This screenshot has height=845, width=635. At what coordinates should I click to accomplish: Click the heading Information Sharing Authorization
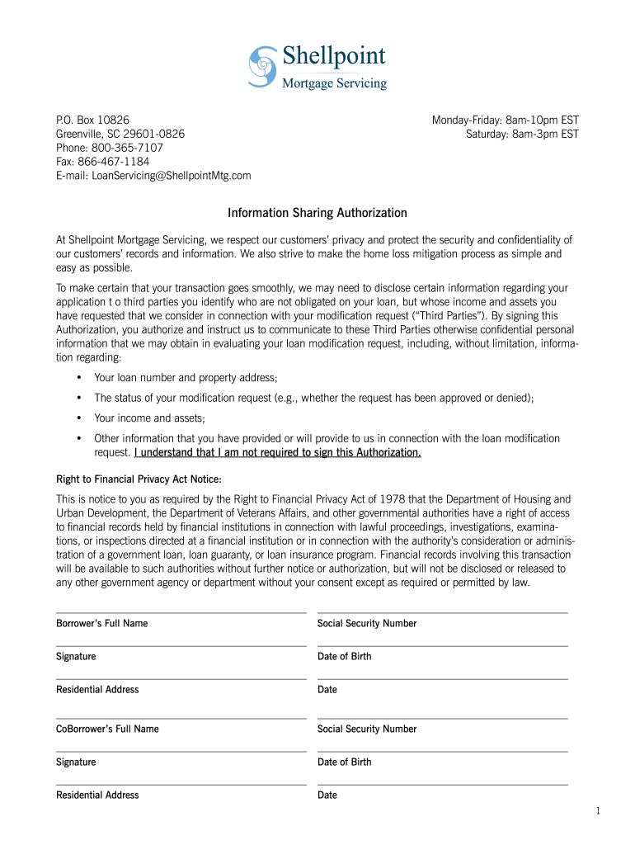pos(317,213)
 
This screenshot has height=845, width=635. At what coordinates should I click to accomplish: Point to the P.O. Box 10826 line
pos(92,120)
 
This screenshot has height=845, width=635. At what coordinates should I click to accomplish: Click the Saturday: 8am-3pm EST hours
pos(522,134)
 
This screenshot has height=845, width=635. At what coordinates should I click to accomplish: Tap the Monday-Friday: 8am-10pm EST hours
pos(506,120)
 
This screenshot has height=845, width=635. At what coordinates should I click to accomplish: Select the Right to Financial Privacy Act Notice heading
pos(139,479)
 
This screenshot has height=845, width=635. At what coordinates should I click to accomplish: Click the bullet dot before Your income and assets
pos(78,418)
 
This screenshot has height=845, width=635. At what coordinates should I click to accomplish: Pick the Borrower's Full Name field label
pos(102,624)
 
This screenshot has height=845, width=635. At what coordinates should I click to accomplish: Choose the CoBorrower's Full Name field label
pos(107,729)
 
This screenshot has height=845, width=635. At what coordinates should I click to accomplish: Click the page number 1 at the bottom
pos(599,812)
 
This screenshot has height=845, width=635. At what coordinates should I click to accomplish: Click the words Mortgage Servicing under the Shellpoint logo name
pos(335,83)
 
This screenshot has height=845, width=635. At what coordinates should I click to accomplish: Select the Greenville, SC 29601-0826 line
pos(120,134)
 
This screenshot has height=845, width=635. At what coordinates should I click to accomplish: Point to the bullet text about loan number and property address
pos(186,378)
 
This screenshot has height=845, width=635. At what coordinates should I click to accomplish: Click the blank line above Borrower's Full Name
pos(181,611)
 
